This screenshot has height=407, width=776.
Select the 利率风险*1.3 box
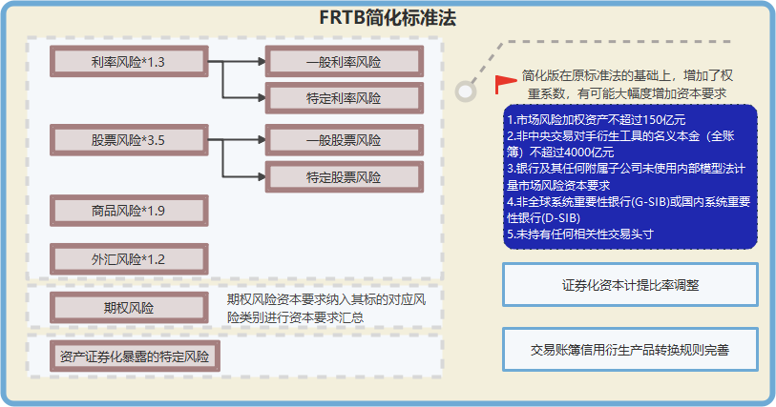[129, 62]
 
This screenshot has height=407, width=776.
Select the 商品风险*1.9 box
[129, 211]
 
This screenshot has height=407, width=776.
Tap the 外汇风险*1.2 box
[129, 258]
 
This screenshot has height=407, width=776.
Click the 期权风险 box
[129, 308]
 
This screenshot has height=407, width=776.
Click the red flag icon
[504, 83]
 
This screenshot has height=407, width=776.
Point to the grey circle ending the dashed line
[465, 92]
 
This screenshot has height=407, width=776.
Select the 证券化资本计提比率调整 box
[630, 284]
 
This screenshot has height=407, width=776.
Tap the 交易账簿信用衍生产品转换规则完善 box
[630, 349]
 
